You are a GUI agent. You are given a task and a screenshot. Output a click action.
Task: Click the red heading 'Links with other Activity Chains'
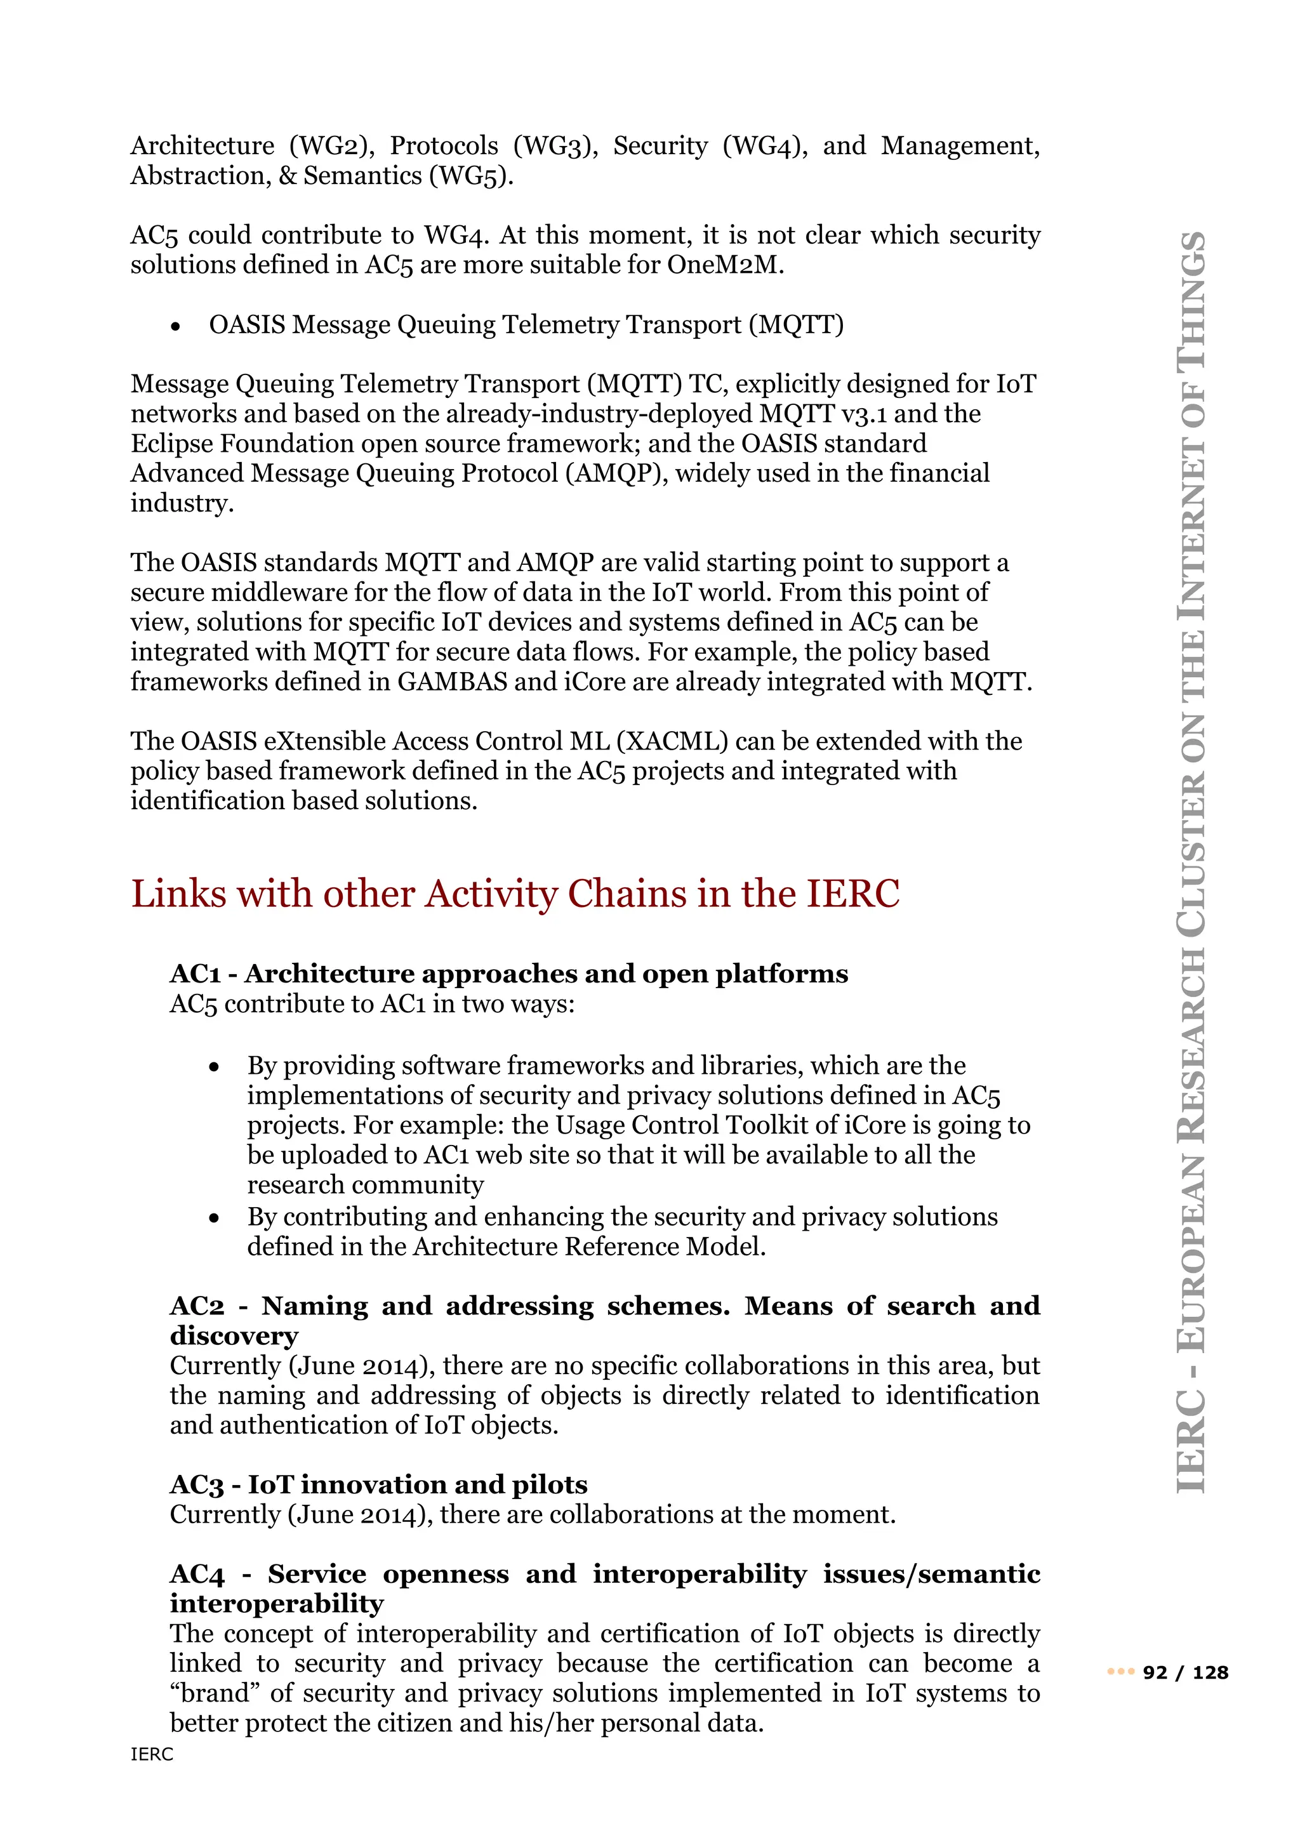(515, 894)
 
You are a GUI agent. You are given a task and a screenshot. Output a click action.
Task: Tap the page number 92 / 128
(1184, 1672)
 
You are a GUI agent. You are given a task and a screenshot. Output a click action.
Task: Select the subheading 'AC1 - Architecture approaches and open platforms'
(508, 974)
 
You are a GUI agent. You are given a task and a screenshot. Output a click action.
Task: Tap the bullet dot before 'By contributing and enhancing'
(214, 1219)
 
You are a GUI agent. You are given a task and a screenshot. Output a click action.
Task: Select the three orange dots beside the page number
(1121, 1672)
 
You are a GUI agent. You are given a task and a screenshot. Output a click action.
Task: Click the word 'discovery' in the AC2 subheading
(234, 1335)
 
